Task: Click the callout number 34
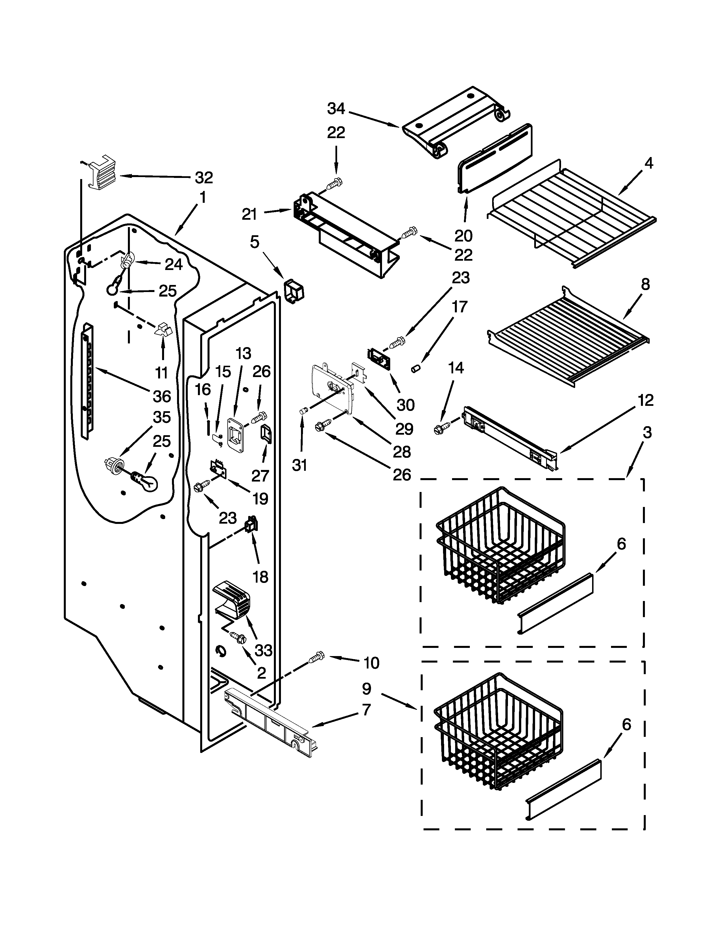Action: click(336, 109)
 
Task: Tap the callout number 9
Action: click(366, 688)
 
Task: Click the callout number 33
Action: click(263, 650)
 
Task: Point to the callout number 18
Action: click(261, 577)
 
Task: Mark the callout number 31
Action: click(300, 465)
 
